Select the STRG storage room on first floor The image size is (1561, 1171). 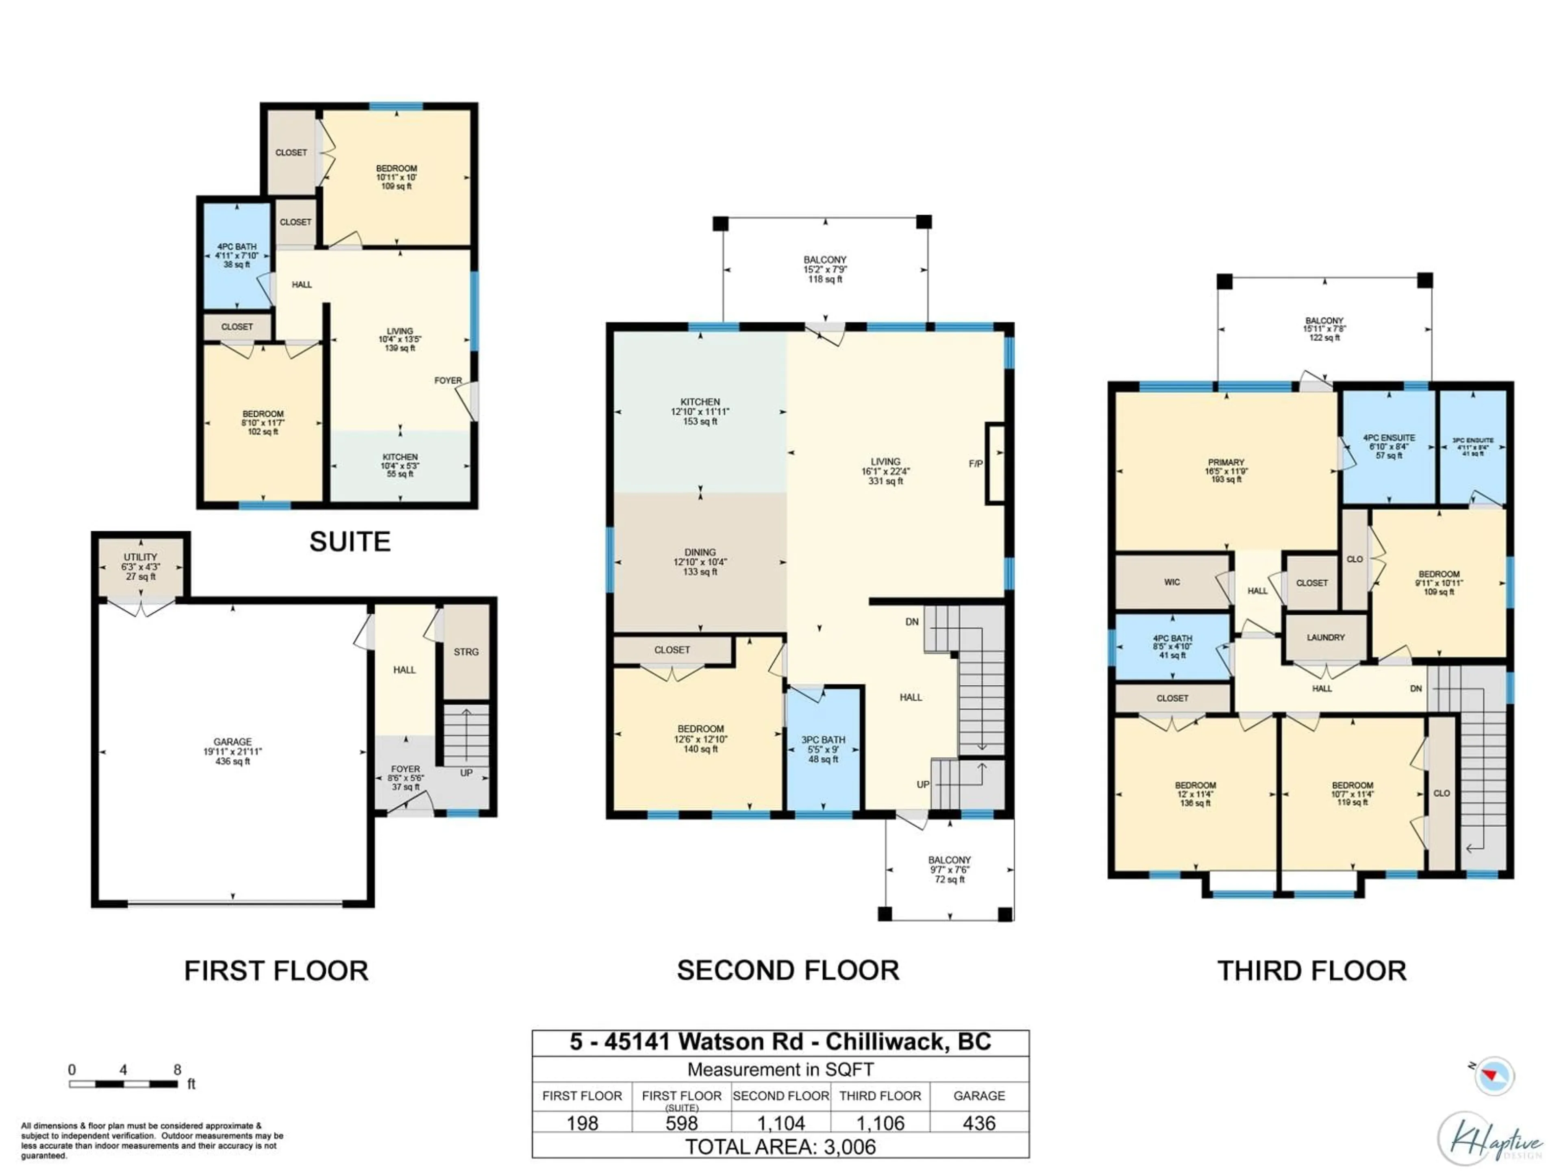tap(466, 651)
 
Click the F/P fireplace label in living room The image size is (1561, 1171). tap(975, 464)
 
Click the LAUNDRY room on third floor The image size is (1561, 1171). tap(1325, 638)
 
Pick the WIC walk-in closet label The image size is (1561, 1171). tap(1172, 582)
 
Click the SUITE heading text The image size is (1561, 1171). tap(350, 542)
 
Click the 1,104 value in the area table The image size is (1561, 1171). tap(780, 1123)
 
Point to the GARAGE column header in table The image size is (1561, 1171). tap(979, 1095)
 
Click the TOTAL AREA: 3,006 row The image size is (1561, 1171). tap(780, 1147)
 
